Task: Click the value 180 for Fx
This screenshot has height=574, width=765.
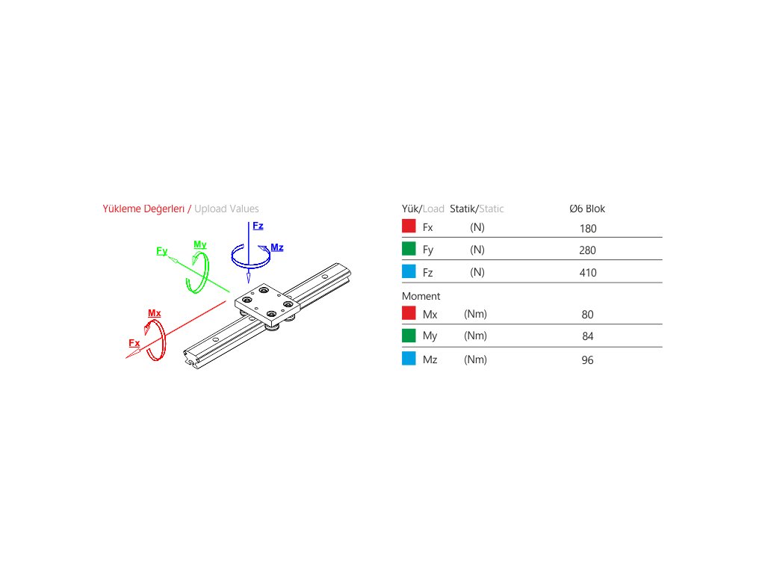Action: [x=587, y=229]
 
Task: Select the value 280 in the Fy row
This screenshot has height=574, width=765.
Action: [x=587, y=250]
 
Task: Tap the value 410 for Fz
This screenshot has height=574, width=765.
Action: [x=587, y=273]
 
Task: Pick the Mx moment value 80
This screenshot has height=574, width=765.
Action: [x=587, y=315]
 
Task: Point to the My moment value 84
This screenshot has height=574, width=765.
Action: [x=587, y=336]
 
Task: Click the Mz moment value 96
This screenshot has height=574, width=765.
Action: [x=587, y=360]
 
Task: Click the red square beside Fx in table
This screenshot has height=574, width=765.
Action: [x=409, y=226]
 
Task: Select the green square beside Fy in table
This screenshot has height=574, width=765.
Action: [x=409, y=249]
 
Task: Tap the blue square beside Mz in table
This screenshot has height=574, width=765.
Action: [x=409, y=359]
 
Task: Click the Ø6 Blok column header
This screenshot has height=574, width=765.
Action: [x=587, y=209]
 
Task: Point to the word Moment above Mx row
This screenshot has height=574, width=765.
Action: [x=421, y=296]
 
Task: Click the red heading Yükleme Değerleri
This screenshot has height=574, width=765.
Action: [x=143, y=209]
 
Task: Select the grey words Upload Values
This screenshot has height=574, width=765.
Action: [x=226, y=209]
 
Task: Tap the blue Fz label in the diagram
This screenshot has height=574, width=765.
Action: [x=258, y=226]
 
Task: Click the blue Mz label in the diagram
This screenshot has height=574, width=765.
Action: [x=277, y=247]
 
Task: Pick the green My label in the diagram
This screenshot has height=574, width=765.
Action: [x=200, y=244]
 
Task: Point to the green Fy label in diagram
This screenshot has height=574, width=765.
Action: [x=162, y=251]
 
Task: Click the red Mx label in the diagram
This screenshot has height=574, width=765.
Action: [x=155, y=313]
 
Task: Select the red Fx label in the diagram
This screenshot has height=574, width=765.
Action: [x=134, y=343]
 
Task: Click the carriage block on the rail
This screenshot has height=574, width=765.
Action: [x=266, y=302]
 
